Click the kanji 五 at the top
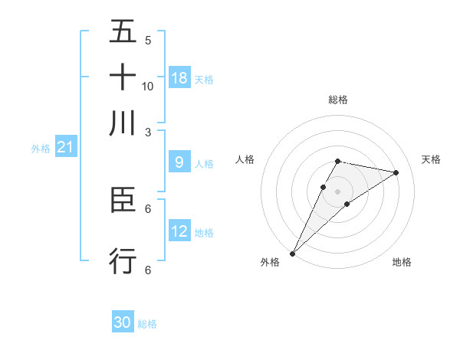pyautogui.click(x=123, y=31)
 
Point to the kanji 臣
pyautogui.click(x=123, y=200)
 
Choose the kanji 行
pyautogui.click(x=123, y=260)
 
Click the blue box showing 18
pyautogui.click(x=179, y=77)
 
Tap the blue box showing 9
pyautogui.click(x=179, y=162)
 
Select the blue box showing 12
pyautogui.click(x=179, y=231)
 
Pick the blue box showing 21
pyautogui.click(x=64, y=148)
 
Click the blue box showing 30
pyautogui.click(x=123, y=322)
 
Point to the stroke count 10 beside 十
pyautogui.click(x=148, y=86)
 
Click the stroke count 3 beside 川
pyautogui.click(x=148, y=131)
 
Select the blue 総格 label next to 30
pyautogui.click(x=147, y=324)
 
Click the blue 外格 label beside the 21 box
pyautogui.click(x=40, y=149)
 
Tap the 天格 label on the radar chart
pyautogui.click(x=431, y=159)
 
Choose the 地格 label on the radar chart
pyautogui.click(x=402, y=262)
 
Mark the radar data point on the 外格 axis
pyautogui.click(x=292, y=253)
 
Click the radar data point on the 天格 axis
pyautogui.click(x=396, y=172)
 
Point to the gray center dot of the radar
pyautogui.click(x=337, y=191)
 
